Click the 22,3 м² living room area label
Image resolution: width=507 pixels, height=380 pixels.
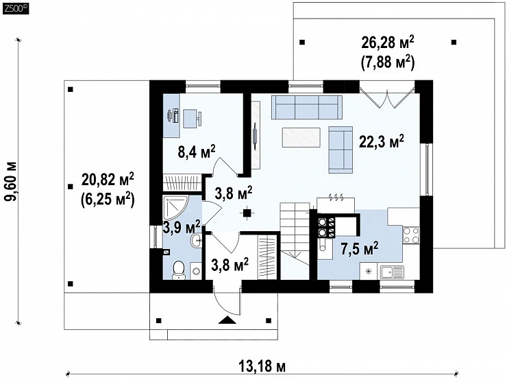tap(382, 141)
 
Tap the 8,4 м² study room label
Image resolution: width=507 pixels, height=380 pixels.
tap(197, 151)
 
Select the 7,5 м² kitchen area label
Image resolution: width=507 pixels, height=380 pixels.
tap(360, 248)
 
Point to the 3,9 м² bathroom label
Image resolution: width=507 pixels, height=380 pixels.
tap(182, 227)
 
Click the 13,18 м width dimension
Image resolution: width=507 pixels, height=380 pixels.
tap(262, 367)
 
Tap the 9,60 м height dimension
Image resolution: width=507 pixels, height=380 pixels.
tap(11, 182)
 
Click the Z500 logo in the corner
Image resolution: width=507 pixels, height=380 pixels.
tap(15, 9)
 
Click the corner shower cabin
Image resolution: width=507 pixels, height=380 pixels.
tap(175, 207)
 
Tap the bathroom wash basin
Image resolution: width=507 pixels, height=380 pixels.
tap(196, 241)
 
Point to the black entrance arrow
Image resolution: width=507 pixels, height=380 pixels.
tap(228, 320)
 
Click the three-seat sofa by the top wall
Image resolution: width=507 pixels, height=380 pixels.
tap(307, 107)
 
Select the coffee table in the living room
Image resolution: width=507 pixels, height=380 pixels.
tap(301, 138)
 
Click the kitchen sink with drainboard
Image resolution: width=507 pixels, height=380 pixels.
tap(392, 272)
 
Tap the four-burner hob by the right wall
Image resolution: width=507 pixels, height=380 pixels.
tap(411, 235)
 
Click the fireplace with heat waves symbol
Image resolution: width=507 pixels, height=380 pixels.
tap(336, 203)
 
